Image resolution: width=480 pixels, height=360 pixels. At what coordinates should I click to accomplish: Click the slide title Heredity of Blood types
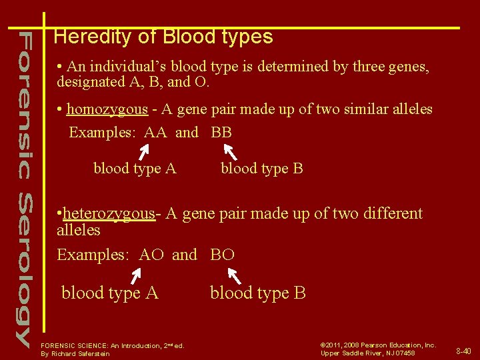click(163, 36)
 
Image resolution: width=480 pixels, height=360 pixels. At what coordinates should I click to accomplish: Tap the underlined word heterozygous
click(108, 213)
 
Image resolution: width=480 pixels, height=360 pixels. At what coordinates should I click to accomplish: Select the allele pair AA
click(155, 132)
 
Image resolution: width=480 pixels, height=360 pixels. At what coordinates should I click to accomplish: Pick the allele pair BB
click(221, 132)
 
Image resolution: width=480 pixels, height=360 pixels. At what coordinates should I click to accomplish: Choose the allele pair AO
click(151, 255)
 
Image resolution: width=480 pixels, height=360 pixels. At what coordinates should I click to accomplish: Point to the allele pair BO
click(223, 255)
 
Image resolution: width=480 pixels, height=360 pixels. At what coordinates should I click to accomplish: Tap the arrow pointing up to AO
click(137, 275)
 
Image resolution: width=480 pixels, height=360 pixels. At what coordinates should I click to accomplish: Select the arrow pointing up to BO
click(234, 275)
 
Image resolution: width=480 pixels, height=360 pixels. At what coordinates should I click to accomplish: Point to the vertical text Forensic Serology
click(23, 187)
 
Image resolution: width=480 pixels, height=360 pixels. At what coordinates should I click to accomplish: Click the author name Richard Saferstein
click(80, 354)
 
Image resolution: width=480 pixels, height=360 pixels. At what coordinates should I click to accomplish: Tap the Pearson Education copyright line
click(378, 345)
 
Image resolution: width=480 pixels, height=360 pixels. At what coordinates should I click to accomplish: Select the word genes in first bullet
click(409, 67)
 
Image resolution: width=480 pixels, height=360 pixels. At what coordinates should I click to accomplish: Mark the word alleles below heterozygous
click(79, 230)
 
